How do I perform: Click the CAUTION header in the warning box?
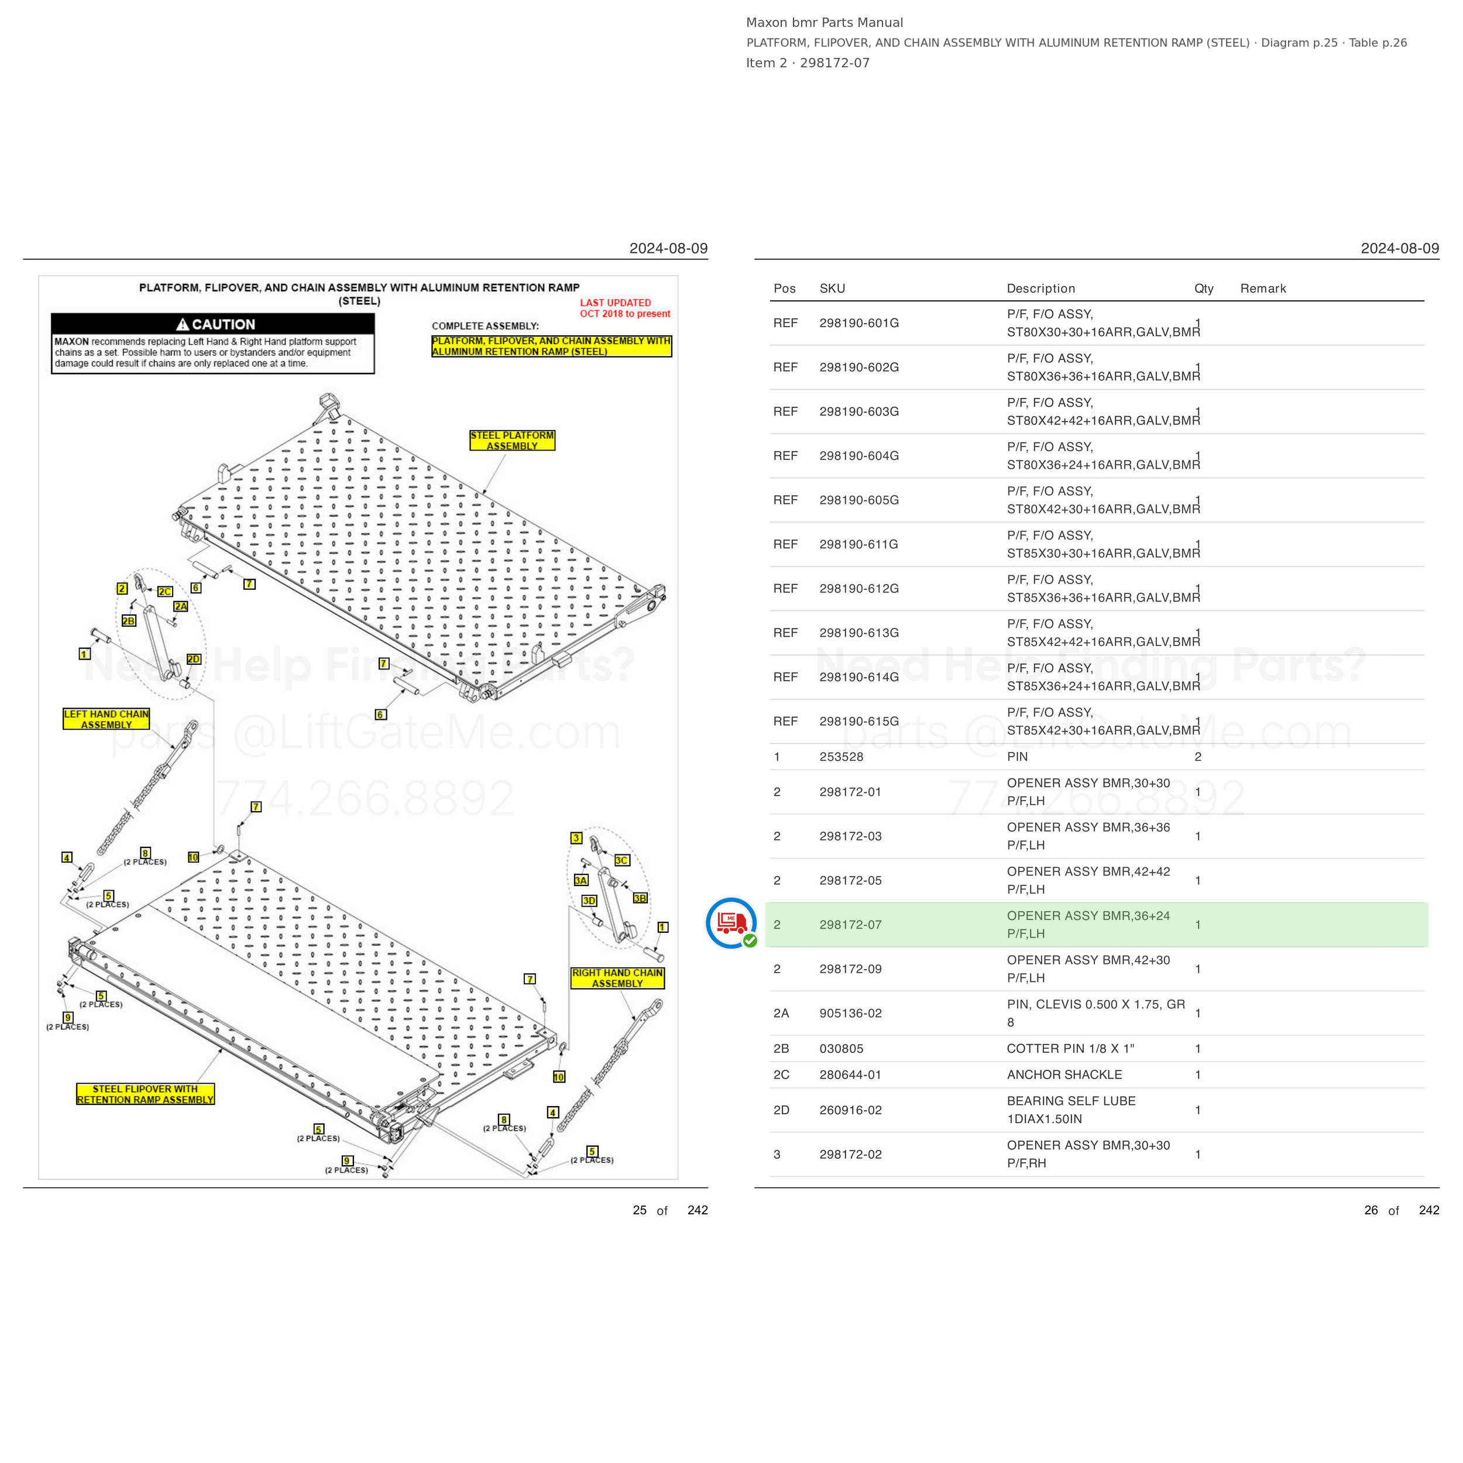pyautogui.click(x=216, y=324)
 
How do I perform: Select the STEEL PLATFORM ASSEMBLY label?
pyautogui.click(x=512, y=441)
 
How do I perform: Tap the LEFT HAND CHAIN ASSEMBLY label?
pyautogui.click(x=106, y=719)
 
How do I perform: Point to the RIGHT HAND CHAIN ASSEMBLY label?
pyautogui.click(x=617, y=978)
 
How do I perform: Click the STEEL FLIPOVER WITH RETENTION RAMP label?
pyautogui.click(x=145, y=1094)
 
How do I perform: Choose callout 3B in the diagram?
pyautogui.click(x=640, y=898)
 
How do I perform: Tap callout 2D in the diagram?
pyautogui.click(x=193, y=659)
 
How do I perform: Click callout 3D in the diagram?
pyautogui.click(x=589, y=901)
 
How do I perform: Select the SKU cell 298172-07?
pyautogui.click(x=850, y=925)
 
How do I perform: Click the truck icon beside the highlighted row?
pyautogui.click(x=731, y=923)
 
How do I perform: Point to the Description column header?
pyautogui.click(x=1040, y=289)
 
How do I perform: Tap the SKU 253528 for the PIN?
pyautogui.click(x=842, y=757)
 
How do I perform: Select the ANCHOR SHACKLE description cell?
pyautogui.click(x=1064, y=1074)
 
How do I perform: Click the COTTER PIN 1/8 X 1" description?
pyautogui.click(x=1070, y=1049)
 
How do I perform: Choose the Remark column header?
pyautogui.click(x=1263, y=289)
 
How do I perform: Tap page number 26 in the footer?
pyautogui.click(x=1371, y=1210)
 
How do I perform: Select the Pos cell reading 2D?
pyautogui.click(x=781, y=1110)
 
